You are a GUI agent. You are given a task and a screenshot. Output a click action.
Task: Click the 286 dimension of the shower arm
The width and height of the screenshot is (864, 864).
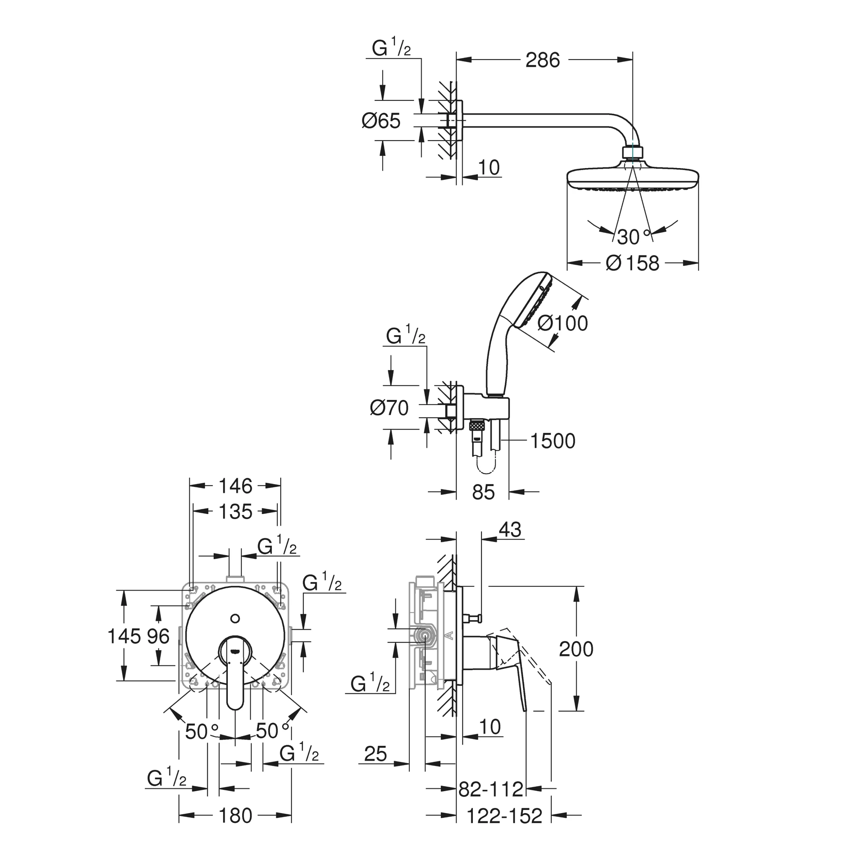542,60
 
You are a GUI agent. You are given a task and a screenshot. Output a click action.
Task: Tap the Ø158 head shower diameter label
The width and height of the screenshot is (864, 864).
632,263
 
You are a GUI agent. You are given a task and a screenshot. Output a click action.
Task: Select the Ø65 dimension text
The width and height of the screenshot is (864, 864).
381,121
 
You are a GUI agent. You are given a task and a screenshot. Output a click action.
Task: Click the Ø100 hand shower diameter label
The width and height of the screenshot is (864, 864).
563,323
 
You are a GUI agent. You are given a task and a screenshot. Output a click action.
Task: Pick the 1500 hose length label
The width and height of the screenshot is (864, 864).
553,441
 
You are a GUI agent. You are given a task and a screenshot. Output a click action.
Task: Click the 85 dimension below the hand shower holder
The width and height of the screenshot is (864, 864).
483,492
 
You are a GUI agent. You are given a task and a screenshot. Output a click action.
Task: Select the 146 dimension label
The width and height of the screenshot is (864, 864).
236,486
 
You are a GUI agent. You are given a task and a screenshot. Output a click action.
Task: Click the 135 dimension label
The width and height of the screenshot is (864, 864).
236,512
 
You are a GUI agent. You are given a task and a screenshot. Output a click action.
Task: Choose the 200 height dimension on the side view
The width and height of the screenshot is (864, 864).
576,649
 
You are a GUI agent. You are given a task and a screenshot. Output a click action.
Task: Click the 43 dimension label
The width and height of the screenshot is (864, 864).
510,530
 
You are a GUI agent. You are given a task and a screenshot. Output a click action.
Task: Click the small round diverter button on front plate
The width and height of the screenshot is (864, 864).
235,619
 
